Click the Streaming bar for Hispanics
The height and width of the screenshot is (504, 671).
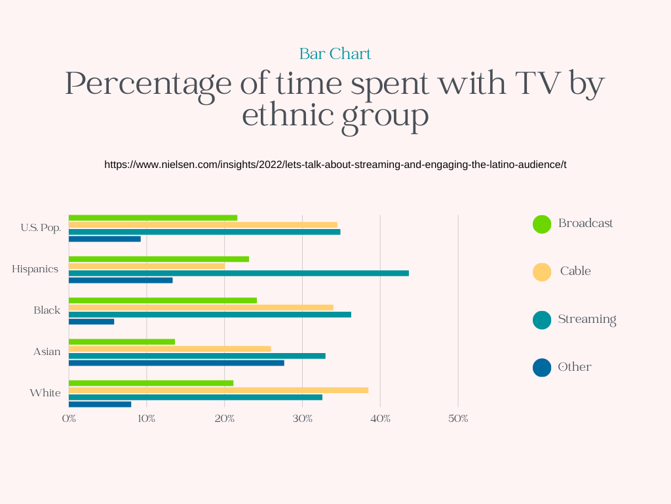[x=239, y=273]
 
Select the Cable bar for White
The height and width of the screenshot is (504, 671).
[x=218, y=390]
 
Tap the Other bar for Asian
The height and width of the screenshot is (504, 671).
[x=176, y=362]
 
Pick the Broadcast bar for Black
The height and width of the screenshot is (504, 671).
[x=163, y=301]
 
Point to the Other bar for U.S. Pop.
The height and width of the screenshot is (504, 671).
[x=105, y=239]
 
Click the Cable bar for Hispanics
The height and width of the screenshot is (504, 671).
[x=147, y=266]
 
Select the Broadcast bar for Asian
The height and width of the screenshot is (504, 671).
[x=122, y=341]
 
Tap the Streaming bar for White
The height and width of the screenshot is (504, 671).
[x=195, y=397]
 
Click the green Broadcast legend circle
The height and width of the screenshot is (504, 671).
[x=542, y=224]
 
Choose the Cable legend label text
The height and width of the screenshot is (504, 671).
[x=575, y=271]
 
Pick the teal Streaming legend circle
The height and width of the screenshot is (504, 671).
[x=542, y=320]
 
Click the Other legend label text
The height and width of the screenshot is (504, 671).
[x=575, y=367]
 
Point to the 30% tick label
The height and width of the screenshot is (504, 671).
[x=302, y=419]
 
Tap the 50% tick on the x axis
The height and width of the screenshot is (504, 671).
[x=458, y=419]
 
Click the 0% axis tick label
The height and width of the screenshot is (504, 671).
[x=69, y=419]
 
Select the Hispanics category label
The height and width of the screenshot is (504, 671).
[x=35, y=269]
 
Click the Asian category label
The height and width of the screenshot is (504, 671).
[x=47, y=352]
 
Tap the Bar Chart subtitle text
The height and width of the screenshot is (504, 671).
[x=335, y=54]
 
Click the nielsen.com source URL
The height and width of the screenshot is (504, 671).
[x=335, y=165]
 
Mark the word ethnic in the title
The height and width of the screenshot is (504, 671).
[x=281, y=116]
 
